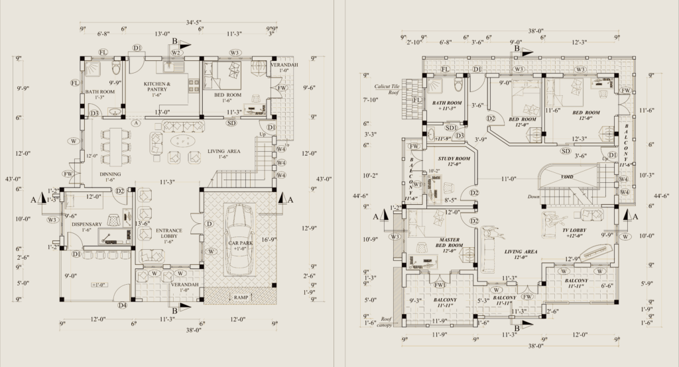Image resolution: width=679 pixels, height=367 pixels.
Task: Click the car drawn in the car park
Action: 239,238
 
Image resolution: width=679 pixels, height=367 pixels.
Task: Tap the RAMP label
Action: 241,298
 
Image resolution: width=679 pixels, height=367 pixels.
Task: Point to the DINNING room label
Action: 110,175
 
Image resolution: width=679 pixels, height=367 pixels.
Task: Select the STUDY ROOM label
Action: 454,160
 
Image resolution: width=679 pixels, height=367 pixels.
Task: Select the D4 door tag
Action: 122,305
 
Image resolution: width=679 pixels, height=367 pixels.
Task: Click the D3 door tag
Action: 94,113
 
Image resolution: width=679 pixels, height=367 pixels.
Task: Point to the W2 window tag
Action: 176,52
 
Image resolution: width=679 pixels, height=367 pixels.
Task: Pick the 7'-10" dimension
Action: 370,99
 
